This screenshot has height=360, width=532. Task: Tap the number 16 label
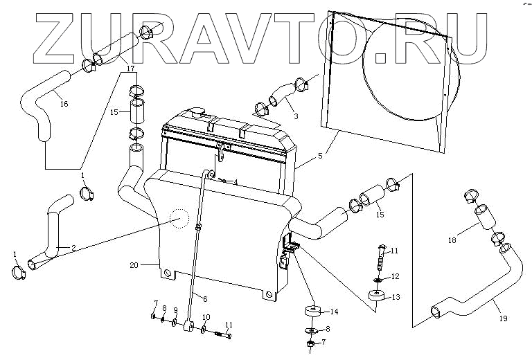point(64,105)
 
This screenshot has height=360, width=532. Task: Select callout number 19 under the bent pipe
point(503,318)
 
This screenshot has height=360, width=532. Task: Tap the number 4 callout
point(236,183)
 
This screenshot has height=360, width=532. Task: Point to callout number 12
point(396,276)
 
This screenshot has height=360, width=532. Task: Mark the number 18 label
point(452,240)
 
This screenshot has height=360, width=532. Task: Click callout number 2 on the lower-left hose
point(73,247)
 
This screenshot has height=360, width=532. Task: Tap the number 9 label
point(175,309)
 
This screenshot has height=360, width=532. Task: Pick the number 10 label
point(205,317)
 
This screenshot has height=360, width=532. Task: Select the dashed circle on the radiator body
point(179,219)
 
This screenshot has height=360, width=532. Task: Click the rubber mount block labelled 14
point(310,312)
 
